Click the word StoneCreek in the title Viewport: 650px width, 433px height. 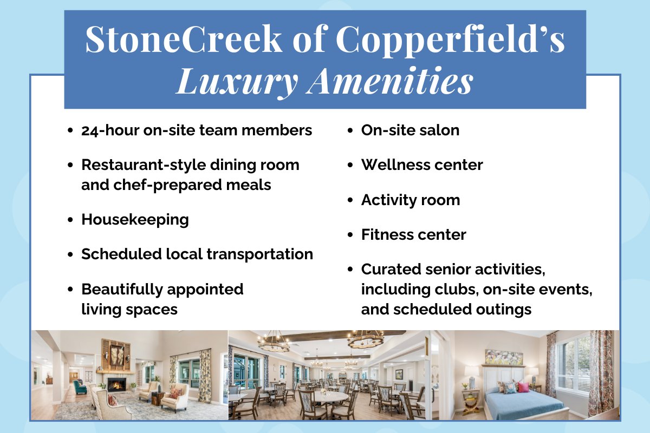coord(184,38)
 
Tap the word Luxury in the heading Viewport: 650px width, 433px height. coord(237,82)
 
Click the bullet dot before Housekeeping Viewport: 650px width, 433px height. coord(70,220)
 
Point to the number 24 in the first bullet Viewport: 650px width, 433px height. coord(91,131)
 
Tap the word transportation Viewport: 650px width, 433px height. coord(259,254)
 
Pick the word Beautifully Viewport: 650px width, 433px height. coord(122,290)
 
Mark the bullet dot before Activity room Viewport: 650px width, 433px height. coord(350,200)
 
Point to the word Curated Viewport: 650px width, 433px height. coord(391,270)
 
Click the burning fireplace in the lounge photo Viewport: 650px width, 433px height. coord(116,386)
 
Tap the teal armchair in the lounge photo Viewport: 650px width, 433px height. coord(80,387)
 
